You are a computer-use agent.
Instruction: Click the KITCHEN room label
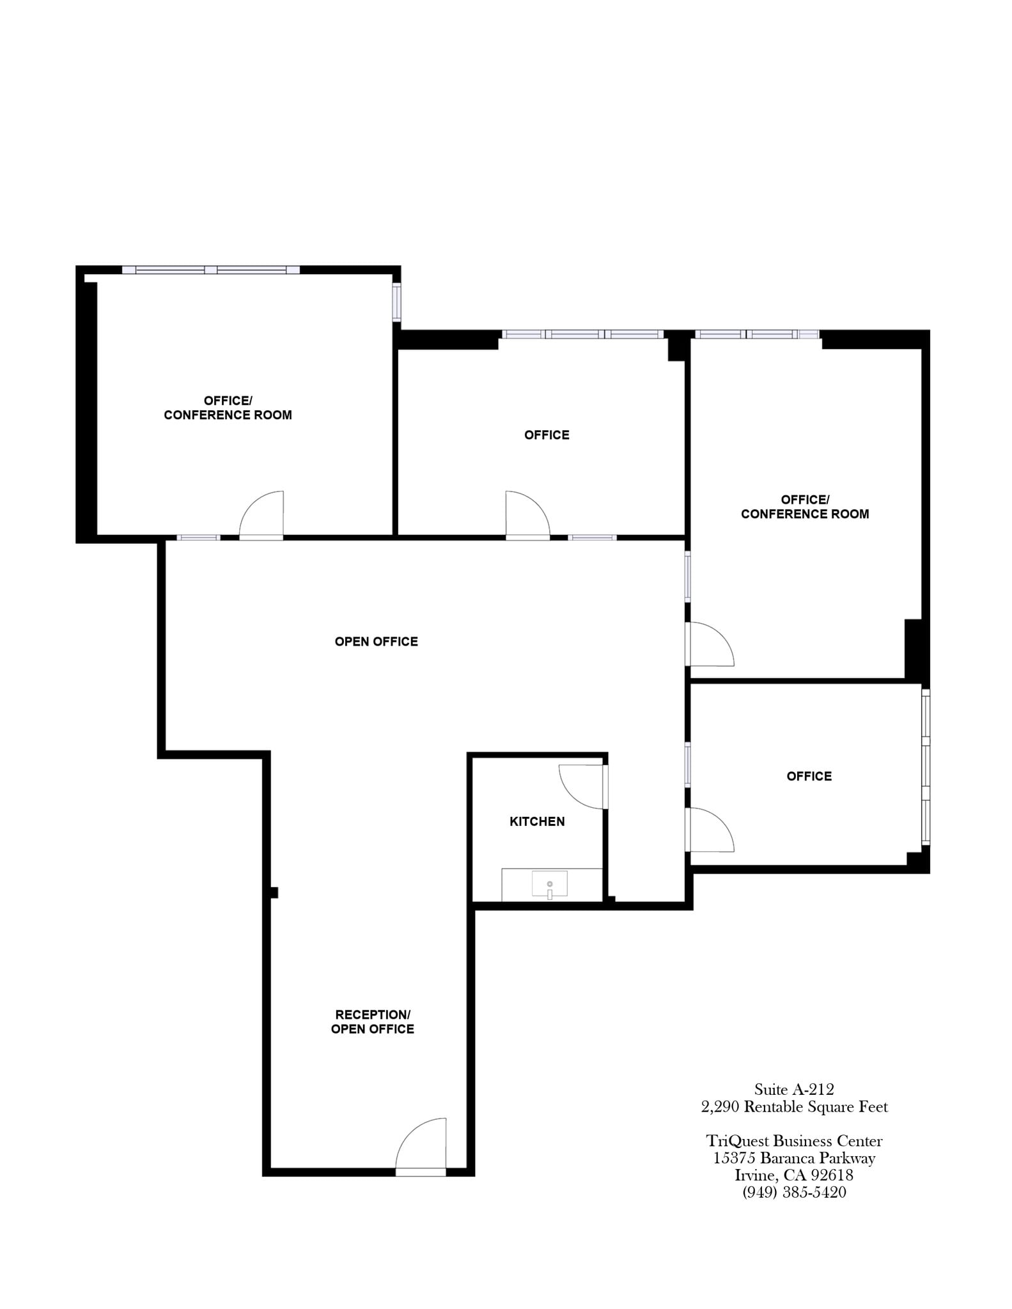[537, 822]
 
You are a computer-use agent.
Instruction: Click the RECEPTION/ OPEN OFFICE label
[373, 1021]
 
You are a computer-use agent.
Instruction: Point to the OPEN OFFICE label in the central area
[377, 642]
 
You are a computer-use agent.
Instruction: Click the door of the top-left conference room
[262, 516]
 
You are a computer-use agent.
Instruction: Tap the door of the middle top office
[527, 516]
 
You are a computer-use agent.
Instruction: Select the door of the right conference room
[710, 645]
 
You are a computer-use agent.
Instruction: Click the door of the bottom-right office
[710, 830]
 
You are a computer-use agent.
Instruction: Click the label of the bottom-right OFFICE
[809, 777]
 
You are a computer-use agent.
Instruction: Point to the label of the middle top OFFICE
[547, 435]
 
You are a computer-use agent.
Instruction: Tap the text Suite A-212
[794, 1089]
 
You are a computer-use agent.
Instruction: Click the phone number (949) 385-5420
[794, 1192]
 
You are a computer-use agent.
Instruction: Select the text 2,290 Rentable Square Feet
[794, 1106]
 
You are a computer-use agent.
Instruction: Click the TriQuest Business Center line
[794, 1141]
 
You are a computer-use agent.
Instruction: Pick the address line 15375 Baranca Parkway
[794, 1158]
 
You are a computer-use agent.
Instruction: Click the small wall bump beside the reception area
[274, 893]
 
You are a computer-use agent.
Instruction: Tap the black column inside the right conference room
[914, 649]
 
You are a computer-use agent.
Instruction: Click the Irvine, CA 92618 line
[794, 1175]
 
